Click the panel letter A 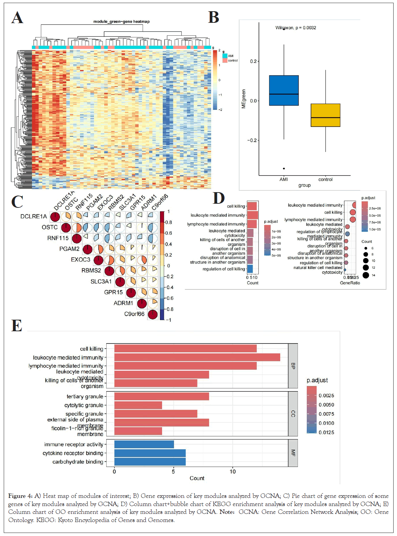(17, 17)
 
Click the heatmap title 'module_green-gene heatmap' (121, 21)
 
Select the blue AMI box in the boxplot (284, 90)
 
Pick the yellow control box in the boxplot (325, 115)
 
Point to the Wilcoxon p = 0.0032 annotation (296, 28)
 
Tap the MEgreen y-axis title (243, 99)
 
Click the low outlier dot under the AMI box (284, 169)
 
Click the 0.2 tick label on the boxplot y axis (253, 61)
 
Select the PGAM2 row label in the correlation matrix (69, 249)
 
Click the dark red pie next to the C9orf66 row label (153, 315)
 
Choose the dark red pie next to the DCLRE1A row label (55, 217)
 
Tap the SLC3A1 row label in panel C (101, 282)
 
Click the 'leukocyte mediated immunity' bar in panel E (197, 357)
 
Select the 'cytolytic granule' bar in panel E (138, 405)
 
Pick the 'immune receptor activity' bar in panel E (144, 444)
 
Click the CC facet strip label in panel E (293, 414)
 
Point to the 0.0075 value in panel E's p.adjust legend (326, 414)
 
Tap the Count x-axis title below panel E (197, 478)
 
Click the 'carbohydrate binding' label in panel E (78, 462)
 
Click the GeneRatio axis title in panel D (350, 283)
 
